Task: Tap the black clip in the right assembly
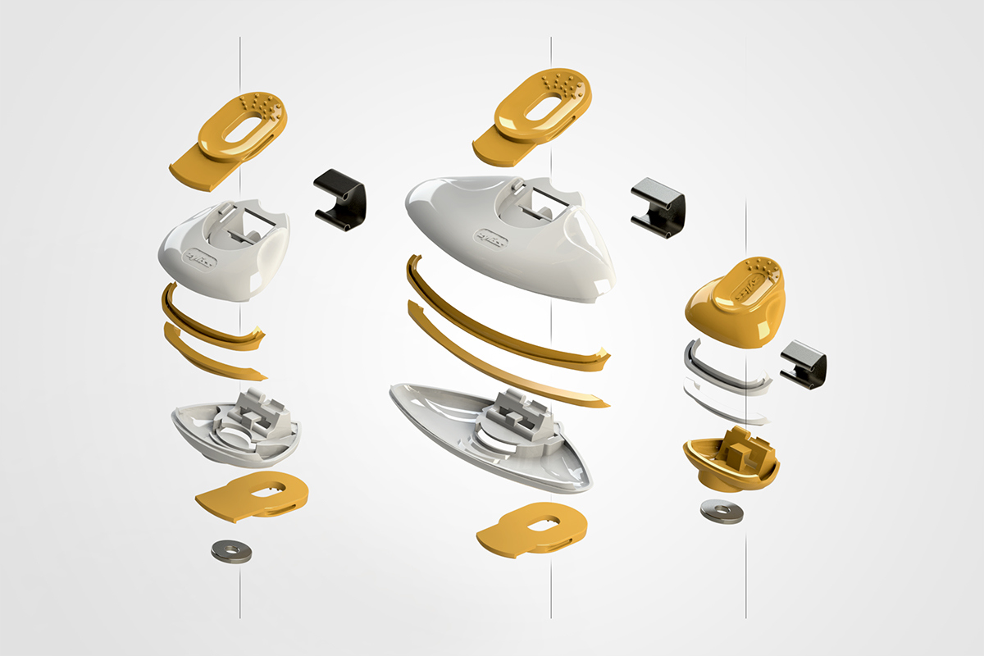tap(804, 364)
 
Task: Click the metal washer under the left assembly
tap(231, 551)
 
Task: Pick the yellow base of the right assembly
tap(730, 463)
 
